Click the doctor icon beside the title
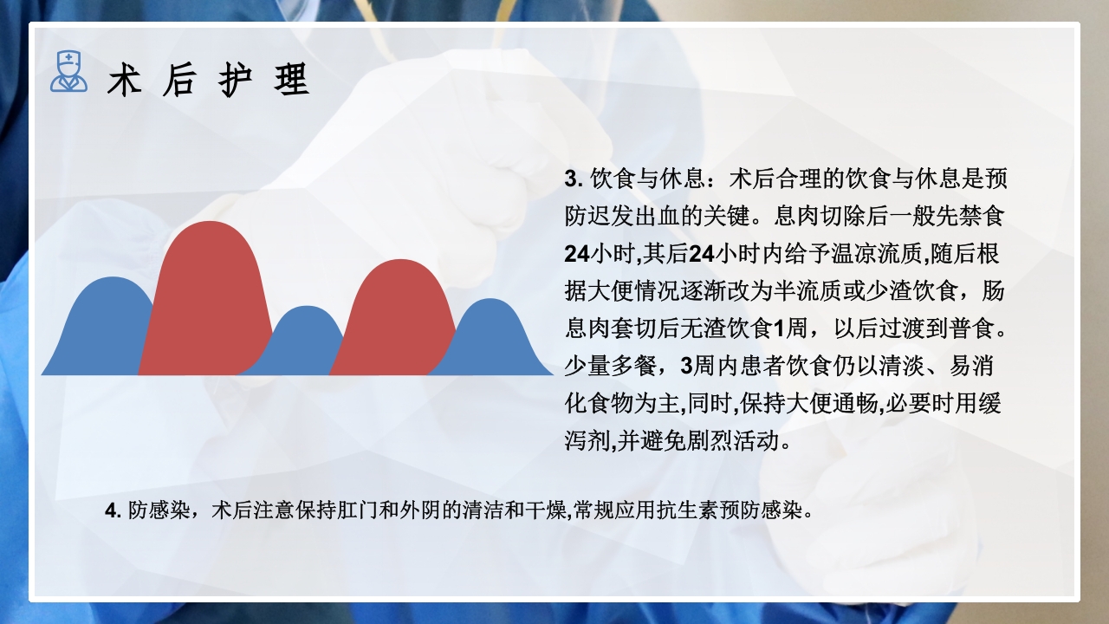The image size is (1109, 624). [x=68, y=72]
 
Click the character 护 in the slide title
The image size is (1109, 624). [x=234, y=81]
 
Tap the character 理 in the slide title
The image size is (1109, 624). [x=289, y=81]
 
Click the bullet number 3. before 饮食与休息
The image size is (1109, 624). [x=572, y=180]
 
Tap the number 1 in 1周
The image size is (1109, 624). [x=777, y=330]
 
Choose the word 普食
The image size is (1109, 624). [x=981, y=330]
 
